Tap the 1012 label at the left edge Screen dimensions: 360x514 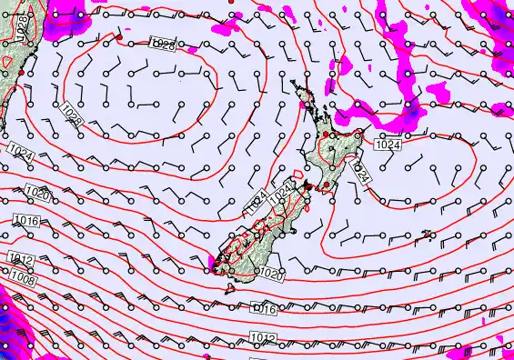pyautogui.click(x=21, y=259)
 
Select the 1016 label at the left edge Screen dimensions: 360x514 pyautogui.click(x=26, y=221)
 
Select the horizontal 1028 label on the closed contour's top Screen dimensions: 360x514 pyautogui.click(x=162, y=45)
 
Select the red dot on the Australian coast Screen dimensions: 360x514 pyautogui.click(x=21, y=86)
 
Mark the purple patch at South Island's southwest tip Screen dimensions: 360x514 pyautogui.click(x=213, y=263)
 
